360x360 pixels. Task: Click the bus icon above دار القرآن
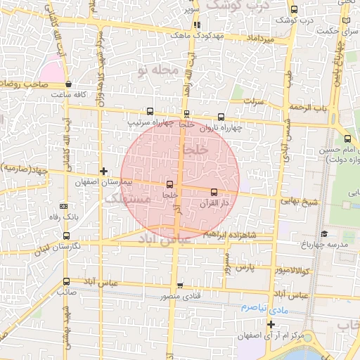214,191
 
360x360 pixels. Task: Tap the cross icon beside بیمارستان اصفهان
104,171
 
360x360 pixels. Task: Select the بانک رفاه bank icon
64,207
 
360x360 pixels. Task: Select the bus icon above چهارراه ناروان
221,117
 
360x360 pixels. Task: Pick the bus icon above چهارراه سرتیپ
149,111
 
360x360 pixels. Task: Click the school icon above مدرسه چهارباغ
323,234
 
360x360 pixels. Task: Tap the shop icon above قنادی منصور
180,285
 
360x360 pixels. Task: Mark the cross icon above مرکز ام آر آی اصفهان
270,323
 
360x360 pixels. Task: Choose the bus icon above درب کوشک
293,10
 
